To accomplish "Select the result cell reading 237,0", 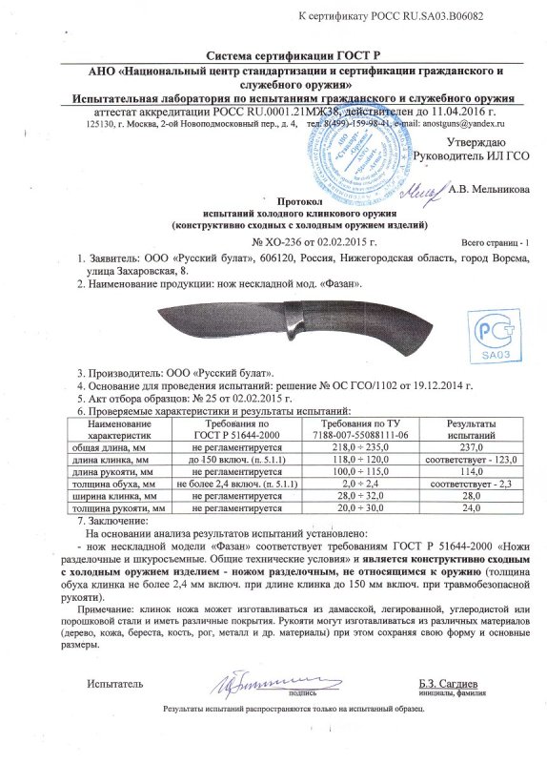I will pyautogui.click(x=466, y=446).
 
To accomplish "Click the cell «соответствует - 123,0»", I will pyautogui.click(x=466, y=460).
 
